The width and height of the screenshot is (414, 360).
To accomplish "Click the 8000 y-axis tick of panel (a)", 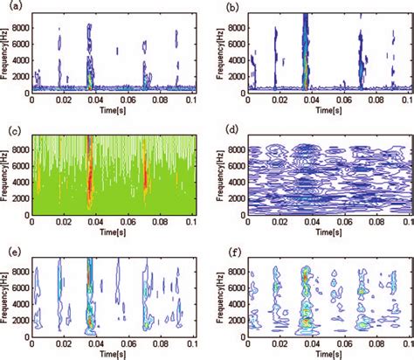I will tap(20, 27).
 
